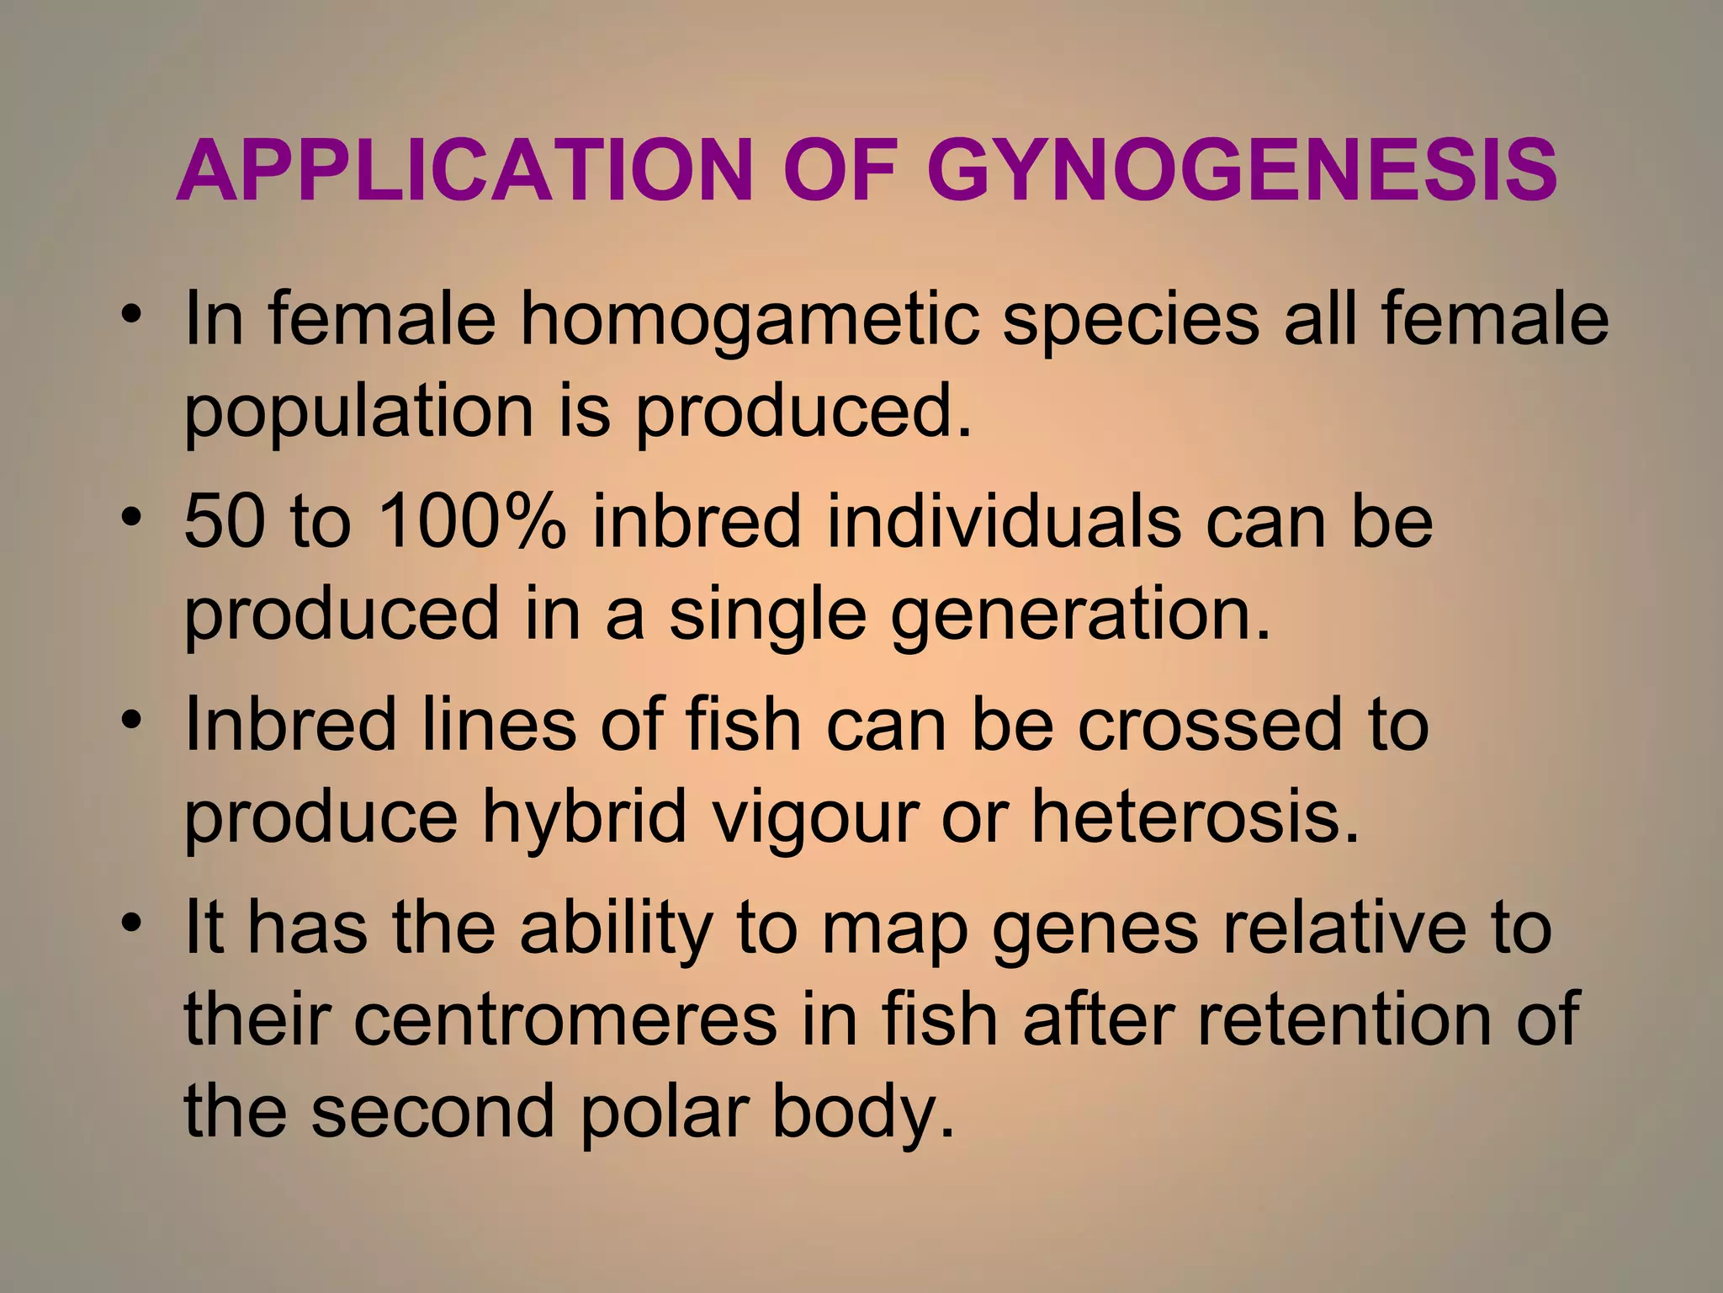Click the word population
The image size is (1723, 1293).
[358, 413]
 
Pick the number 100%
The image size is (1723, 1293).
[471, 521]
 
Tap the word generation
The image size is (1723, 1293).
[1080, 617]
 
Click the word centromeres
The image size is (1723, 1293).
[565, 1019]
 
